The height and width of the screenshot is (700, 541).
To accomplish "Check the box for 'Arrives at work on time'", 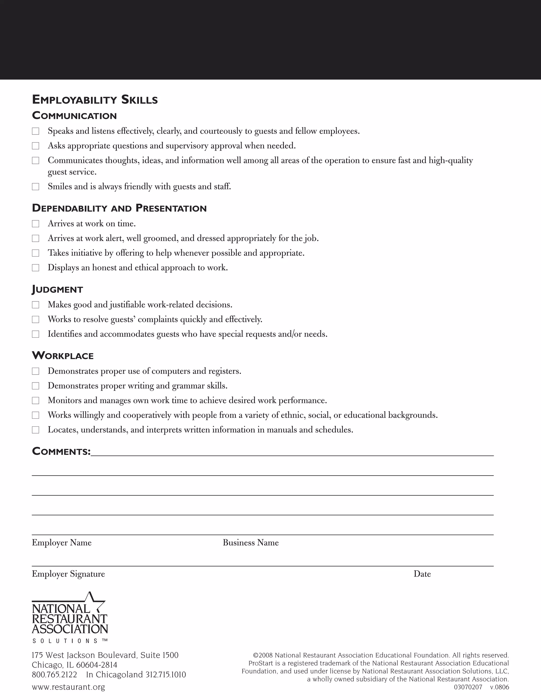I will click(x=36, y=224).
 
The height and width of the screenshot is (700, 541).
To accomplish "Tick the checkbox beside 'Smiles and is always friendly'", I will click(x=36, y=186).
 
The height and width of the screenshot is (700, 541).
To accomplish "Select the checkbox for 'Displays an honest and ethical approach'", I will click(x=36, y=268).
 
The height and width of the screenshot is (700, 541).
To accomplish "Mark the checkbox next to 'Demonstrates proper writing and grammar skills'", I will click(x=36, y=386).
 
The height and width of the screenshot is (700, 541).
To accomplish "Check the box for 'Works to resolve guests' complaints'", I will click(x=36, y=320).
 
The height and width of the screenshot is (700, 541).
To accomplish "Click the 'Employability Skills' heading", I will click(x=95, y=100).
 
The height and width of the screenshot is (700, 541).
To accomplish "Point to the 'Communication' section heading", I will click(x=74, y=116).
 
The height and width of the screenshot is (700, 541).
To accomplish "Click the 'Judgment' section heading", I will click(x=58, y=290).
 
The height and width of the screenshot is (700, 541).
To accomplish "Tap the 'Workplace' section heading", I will click(x=63, y=356).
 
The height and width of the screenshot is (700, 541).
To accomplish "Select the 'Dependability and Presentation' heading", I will click(x=119, y=208).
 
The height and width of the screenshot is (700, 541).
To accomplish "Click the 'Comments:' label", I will click(x=61, y=452).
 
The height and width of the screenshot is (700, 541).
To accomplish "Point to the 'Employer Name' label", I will click(x=62, y=543).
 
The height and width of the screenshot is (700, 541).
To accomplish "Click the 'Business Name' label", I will click(x=251, y=543).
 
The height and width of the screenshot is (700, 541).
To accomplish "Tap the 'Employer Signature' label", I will click(x=68, y=574).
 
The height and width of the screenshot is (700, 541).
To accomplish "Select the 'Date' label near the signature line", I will click(x=422, y=574).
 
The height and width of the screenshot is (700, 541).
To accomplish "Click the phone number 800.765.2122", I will click(x=54, y=675).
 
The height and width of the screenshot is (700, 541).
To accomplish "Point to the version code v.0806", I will click(x=499, y=687).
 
